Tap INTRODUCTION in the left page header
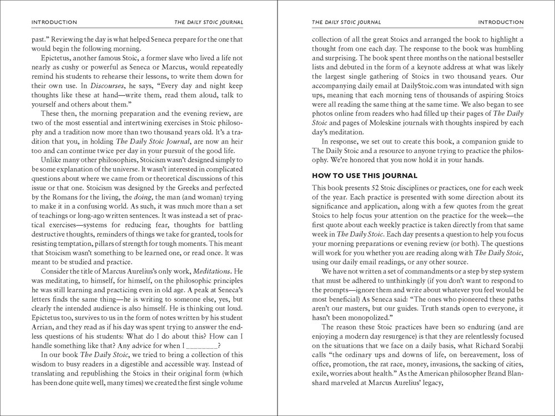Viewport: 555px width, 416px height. (x=54, y=22)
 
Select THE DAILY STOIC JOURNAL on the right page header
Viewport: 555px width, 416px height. (x=346, y=22)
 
